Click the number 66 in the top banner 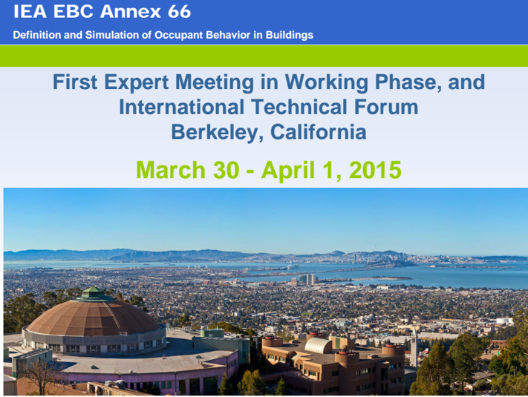(x=179, y=11)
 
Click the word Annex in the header (x=131, y=11)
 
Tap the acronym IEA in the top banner (x=30, y=11)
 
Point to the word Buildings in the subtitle (x=290, y=35)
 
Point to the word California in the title (x=319, y=131)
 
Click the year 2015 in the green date (x=375, y=170)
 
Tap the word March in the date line (x=171, y=170)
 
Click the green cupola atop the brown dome (x=94, y=294)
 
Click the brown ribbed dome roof (x=93, y=318)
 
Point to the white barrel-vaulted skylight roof (x=319, y=346)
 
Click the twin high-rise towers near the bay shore (x=307, y=280)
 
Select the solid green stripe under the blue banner (x=264, y=56)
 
